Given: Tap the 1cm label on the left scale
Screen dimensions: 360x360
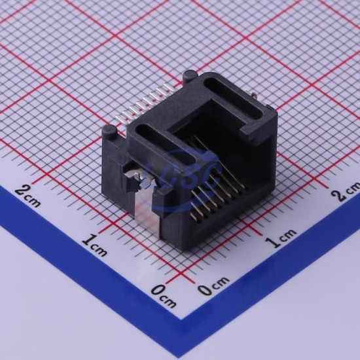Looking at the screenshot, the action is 95,245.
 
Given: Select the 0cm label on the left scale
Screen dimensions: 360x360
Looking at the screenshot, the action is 164,296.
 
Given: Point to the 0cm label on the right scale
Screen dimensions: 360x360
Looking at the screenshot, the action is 213,285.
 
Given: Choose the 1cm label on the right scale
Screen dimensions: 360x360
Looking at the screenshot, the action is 281,238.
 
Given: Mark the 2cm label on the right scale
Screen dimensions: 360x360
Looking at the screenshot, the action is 347,190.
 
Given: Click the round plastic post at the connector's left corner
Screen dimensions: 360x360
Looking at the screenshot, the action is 109,133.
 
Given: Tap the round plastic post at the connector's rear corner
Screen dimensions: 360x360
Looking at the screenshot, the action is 190,76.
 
